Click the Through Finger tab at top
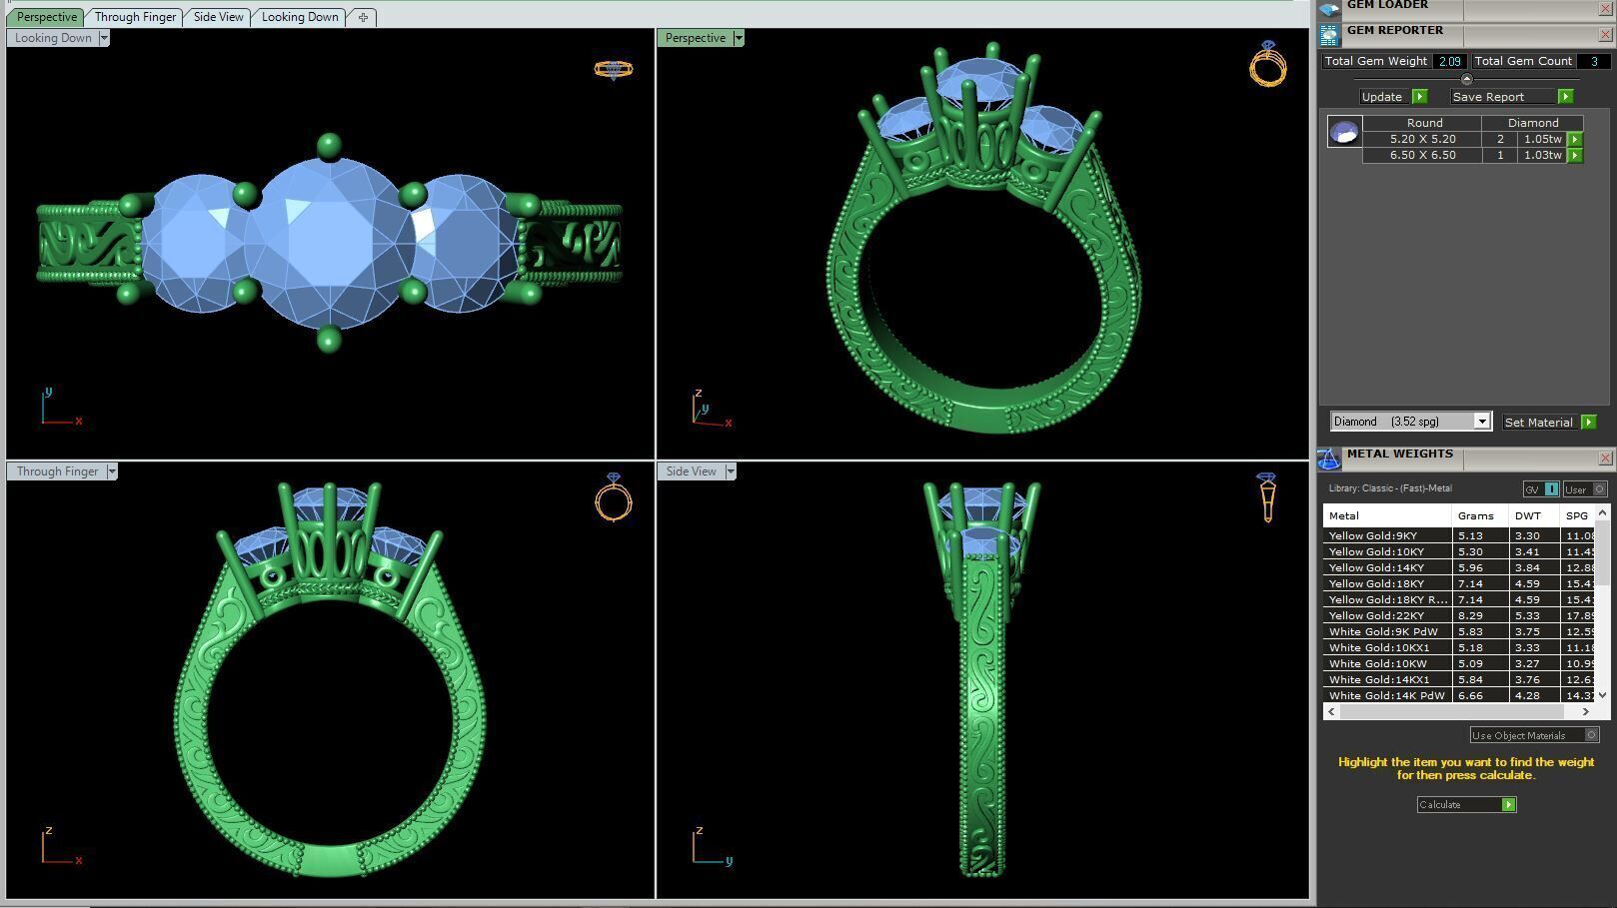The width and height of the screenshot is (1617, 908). pyautogui.click(x=135, y=17)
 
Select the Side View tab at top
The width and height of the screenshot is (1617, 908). pyautogui.click(x=218, y=17)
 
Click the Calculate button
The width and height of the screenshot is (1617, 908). pyautogui.click(x=1466, y=805)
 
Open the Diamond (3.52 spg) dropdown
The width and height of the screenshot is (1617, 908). pyautogui.click(x=1482, y=422)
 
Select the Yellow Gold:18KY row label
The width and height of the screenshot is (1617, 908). pyautogui.click(x=1376, y=583)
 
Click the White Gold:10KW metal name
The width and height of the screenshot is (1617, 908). pyautogui.click(x=1377, y=663)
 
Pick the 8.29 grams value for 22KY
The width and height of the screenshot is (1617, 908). pyautogui.click(x=1470, y=615)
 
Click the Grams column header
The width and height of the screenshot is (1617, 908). pyautogui.click(x=1475, y=515)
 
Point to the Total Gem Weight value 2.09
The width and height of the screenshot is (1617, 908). pyautogui.click(x=1449, y=61)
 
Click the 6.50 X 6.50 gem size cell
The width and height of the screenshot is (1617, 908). pyautogui.click(x=1422, y=155)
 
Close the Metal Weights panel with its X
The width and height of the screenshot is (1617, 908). pyautogui.click(x=1605, y=458)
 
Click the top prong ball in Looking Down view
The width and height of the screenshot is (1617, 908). pyautogui.click(x=329, y=147)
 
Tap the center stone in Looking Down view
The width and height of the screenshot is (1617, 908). pyautogui.click(x=329, y=243)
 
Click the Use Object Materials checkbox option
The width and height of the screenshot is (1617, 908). pyautogui.click(x=1592, y=735)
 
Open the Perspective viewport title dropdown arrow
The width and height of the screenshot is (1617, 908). pyautogui.click(x=739, y=38)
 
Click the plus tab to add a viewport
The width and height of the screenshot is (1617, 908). pyautogui.click(x=363, y=17)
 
